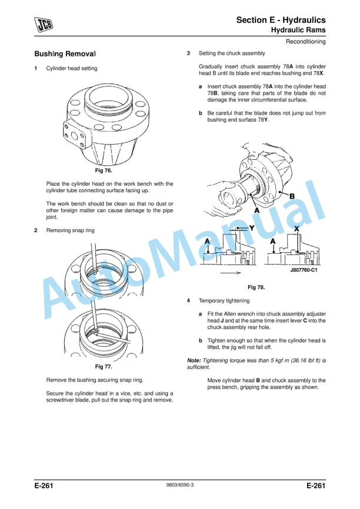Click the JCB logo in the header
[x=43, y=24]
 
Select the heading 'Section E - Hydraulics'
[x=281, y=20]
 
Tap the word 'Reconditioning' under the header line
[x=305, y=42]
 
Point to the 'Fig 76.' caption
[x=104, y=170]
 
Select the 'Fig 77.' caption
[x=104, y=366]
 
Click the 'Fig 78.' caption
[x=256, y=287]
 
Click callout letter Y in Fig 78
[x=252, y=227]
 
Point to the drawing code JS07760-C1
[x=304, y=270]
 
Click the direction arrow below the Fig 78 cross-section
[x=230, y=273]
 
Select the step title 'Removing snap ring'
[x=70, y=230]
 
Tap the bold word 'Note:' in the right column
[x=194, y=360]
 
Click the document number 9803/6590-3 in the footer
[x=179, y=487]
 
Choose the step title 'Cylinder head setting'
[x=72, y=69]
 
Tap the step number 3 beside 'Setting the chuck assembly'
[x=188, y=53]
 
